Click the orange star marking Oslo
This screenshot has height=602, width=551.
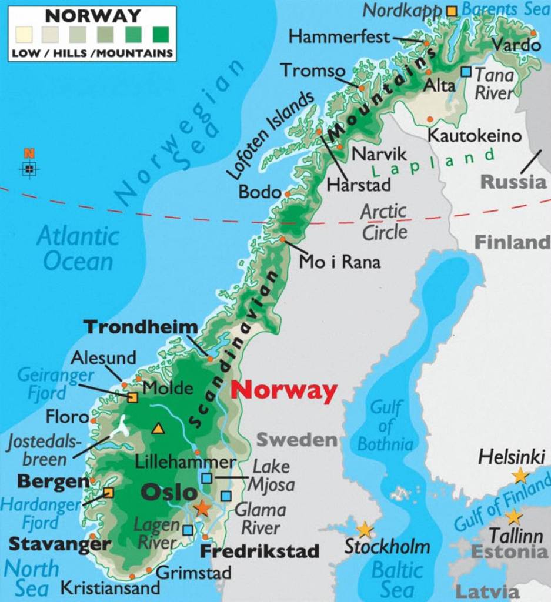(x=202, y=508)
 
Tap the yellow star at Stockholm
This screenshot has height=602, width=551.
(x=365, y=530)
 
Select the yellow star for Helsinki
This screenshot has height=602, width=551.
(x=520, y=475)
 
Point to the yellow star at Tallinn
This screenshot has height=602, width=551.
(x=513, y=517)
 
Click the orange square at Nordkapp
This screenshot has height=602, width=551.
(x=451, y=11)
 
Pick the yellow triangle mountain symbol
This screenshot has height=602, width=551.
(x=158, y=429)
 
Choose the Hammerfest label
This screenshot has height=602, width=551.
(x=339, y=37)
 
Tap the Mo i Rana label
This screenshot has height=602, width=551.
(x=340, y=261)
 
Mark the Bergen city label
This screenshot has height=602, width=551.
(x=53, y=481)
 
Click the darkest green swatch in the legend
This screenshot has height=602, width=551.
(x=160, y=34)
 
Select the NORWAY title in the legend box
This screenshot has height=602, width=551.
(x=93, y=15)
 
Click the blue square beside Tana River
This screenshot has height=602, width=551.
(x=466, y=72)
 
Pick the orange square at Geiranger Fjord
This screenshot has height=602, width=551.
(x=132, y=398)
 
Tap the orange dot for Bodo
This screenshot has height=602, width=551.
(x=288, y=193)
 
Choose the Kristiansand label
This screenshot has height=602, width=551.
(x=111, y=587)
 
